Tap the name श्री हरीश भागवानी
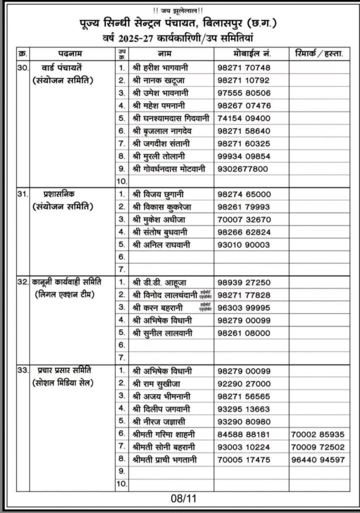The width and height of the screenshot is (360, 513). pos(160,67)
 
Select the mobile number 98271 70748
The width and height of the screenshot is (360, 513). pos(244,67)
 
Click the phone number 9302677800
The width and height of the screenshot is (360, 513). pos(243,169)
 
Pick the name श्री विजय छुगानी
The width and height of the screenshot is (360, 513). pos(158,194)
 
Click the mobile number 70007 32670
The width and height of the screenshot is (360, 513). pos(244,219)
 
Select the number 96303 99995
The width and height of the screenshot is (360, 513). pos(244,308)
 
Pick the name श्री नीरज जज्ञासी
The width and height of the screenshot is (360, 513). pos(160,421)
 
